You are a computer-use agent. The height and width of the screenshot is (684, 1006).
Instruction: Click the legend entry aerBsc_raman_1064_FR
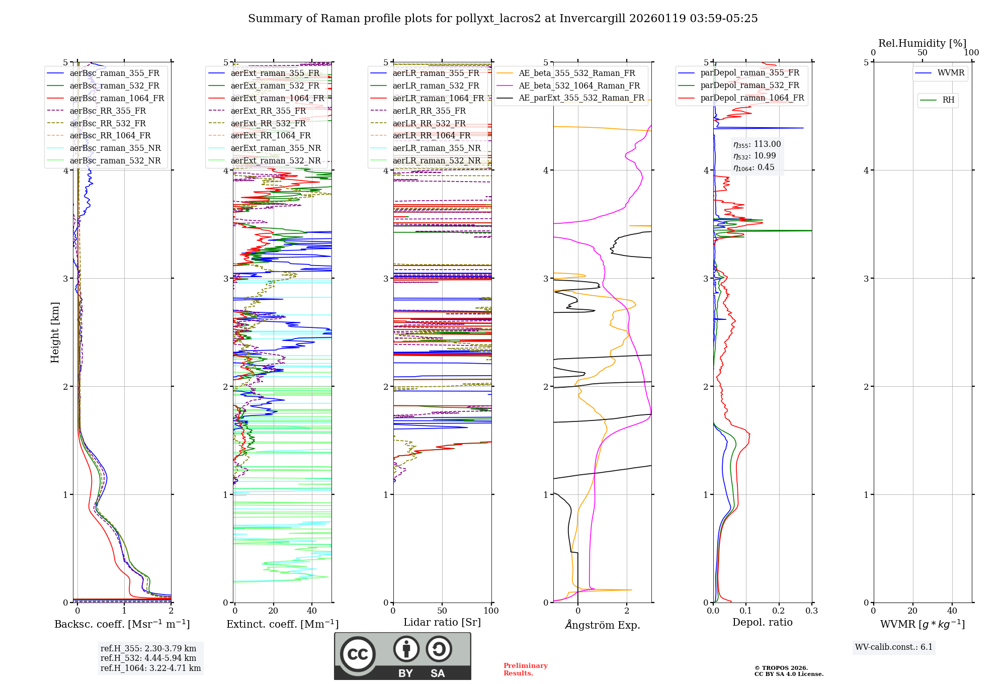click(117, 98)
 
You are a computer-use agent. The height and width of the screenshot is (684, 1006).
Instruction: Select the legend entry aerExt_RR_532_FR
click(268, 123)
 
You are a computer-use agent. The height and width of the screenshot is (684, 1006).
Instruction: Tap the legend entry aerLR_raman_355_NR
click(437, 148)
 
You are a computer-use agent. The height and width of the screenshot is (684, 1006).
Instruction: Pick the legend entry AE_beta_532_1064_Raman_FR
click(579, 85)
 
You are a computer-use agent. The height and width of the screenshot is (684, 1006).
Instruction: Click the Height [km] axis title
click(55, 332)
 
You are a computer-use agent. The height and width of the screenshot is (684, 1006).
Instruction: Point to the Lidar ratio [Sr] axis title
click(442, 622)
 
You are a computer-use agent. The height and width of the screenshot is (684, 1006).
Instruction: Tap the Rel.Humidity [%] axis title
click(922, 43)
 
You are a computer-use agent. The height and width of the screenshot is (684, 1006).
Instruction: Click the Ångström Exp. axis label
click(603, 625)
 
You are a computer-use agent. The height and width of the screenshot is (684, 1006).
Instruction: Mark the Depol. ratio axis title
click(762, 622)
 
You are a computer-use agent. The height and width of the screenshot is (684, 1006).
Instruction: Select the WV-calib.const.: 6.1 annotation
click(894, 647)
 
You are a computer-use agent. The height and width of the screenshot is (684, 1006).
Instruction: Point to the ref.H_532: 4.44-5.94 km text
click(148, 658)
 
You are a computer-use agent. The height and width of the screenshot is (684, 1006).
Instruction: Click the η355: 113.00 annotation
click(757, 144)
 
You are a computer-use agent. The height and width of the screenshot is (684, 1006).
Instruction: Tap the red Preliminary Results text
click(525, 669)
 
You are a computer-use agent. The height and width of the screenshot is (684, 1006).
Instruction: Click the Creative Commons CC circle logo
click(358, 654)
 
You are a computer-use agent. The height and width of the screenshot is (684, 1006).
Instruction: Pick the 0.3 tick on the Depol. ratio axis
click(811, 611)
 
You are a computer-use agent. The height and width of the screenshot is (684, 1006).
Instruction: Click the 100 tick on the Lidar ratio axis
click(491, 611)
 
